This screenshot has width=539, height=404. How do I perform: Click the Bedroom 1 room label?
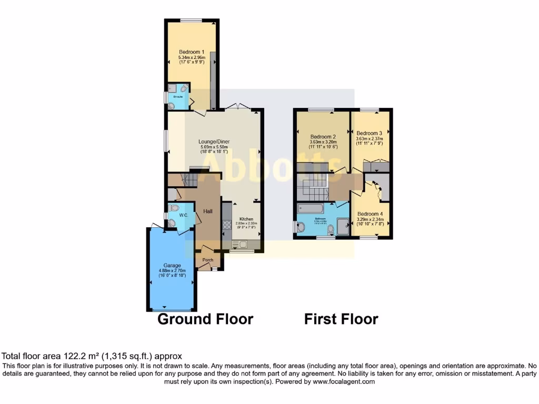point(191,52)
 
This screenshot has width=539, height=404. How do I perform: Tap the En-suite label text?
point(179,97)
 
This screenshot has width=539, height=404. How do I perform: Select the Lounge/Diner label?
point(214,142)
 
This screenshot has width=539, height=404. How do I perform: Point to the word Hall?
point(208,211)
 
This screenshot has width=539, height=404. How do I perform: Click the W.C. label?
point(184,215)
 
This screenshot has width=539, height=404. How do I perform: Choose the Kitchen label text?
point(246,219)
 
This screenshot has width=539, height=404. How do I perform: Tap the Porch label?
point(208,259)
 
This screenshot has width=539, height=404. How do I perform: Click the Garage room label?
point(172,265)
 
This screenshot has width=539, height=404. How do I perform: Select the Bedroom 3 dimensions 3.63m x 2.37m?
point(371,139)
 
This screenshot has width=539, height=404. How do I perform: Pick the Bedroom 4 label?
point(370,214)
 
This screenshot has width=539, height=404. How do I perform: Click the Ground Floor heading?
point(205,319)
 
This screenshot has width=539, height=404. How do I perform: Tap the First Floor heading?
point(341,319)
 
